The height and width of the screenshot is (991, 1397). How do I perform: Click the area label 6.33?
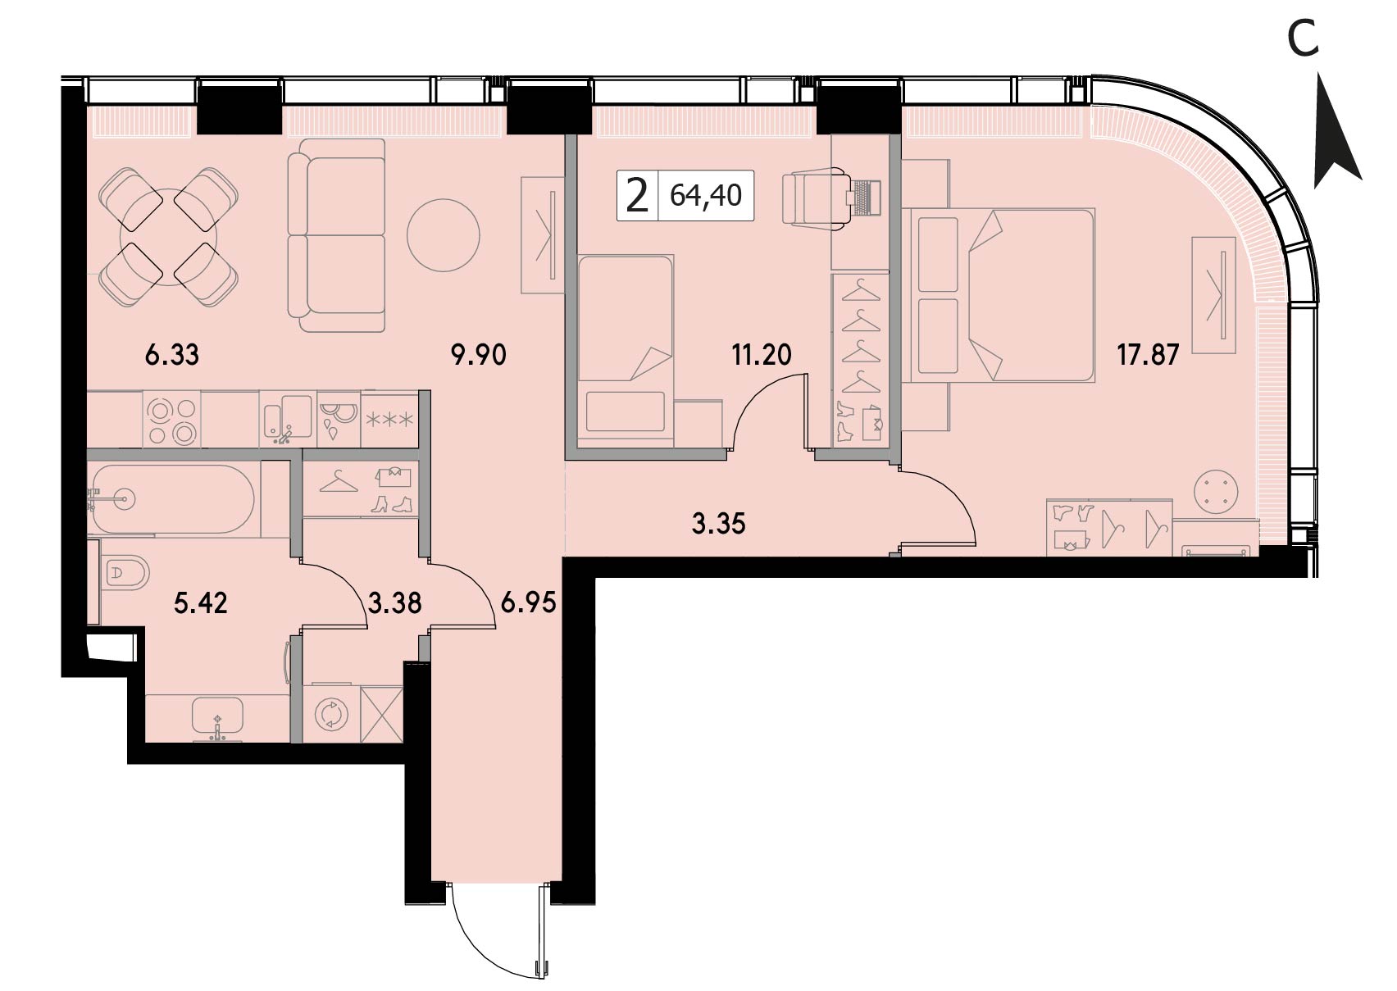tap(172, 356)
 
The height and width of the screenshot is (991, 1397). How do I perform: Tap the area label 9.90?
tap(478, 356)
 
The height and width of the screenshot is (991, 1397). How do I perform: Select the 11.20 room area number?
tap(762, 356)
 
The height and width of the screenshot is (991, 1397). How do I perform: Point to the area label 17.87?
tap(1148, 356)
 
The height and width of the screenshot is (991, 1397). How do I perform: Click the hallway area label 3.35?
tap(718, 525)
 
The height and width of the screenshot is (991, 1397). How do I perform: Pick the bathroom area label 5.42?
tap(201, 604)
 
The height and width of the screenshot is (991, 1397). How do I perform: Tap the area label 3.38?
tap(395, 604)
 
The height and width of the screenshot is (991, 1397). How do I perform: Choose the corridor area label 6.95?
tap(528, 604)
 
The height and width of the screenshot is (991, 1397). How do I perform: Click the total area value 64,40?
tap(706, 196)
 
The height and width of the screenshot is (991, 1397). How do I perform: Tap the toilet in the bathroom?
tap(128, 572)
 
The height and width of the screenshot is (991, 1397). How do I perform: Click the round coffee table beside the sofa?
tap(444, 235)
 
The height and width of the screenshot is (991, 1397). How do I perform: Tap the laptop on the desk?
tap(864, 198)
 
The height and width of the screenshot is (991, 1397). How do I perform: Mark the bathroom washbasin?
tap(217, 717)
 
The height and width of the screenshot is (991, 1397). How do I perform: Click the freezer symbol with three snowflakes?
tap(389, 420)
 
